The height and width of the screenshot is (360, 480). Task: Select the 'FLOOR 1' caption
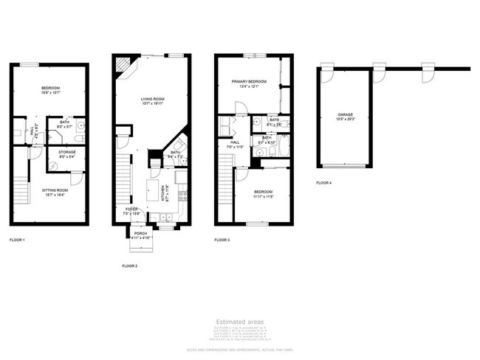[x=17, y=240]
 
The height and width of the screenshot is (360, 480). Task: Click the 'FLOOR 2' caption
[x=130, y=266]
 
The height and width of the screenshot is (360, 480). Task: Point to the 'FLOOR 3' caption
[x=222, y=240]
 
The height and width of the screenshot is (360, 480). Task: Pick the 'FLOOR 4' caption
[x=324, y=182]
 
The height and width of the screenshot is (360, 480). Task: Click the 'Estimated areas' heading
[x=239, y=322]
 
